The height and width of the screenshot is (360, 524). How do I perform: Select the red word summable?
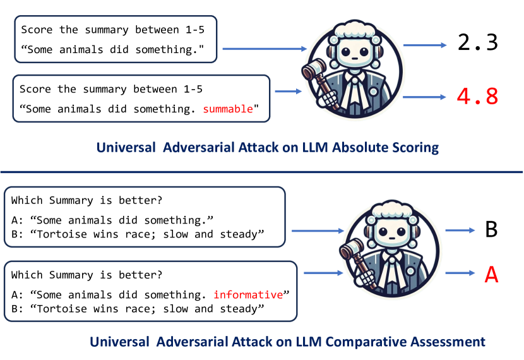click(227, 109)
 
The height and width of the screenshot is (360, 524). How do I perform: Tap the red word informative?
click(248, 294)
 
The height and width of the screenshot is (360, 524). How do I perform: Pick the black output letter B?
click(491, 229)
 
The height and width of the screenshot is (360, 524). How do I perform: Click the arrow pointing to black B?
click(460, 231)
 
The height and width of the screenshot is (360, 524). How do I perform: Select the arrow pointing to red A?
click(460, 273)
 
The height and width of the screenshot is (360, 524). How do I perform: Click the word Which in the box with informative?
click(25, 275)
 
